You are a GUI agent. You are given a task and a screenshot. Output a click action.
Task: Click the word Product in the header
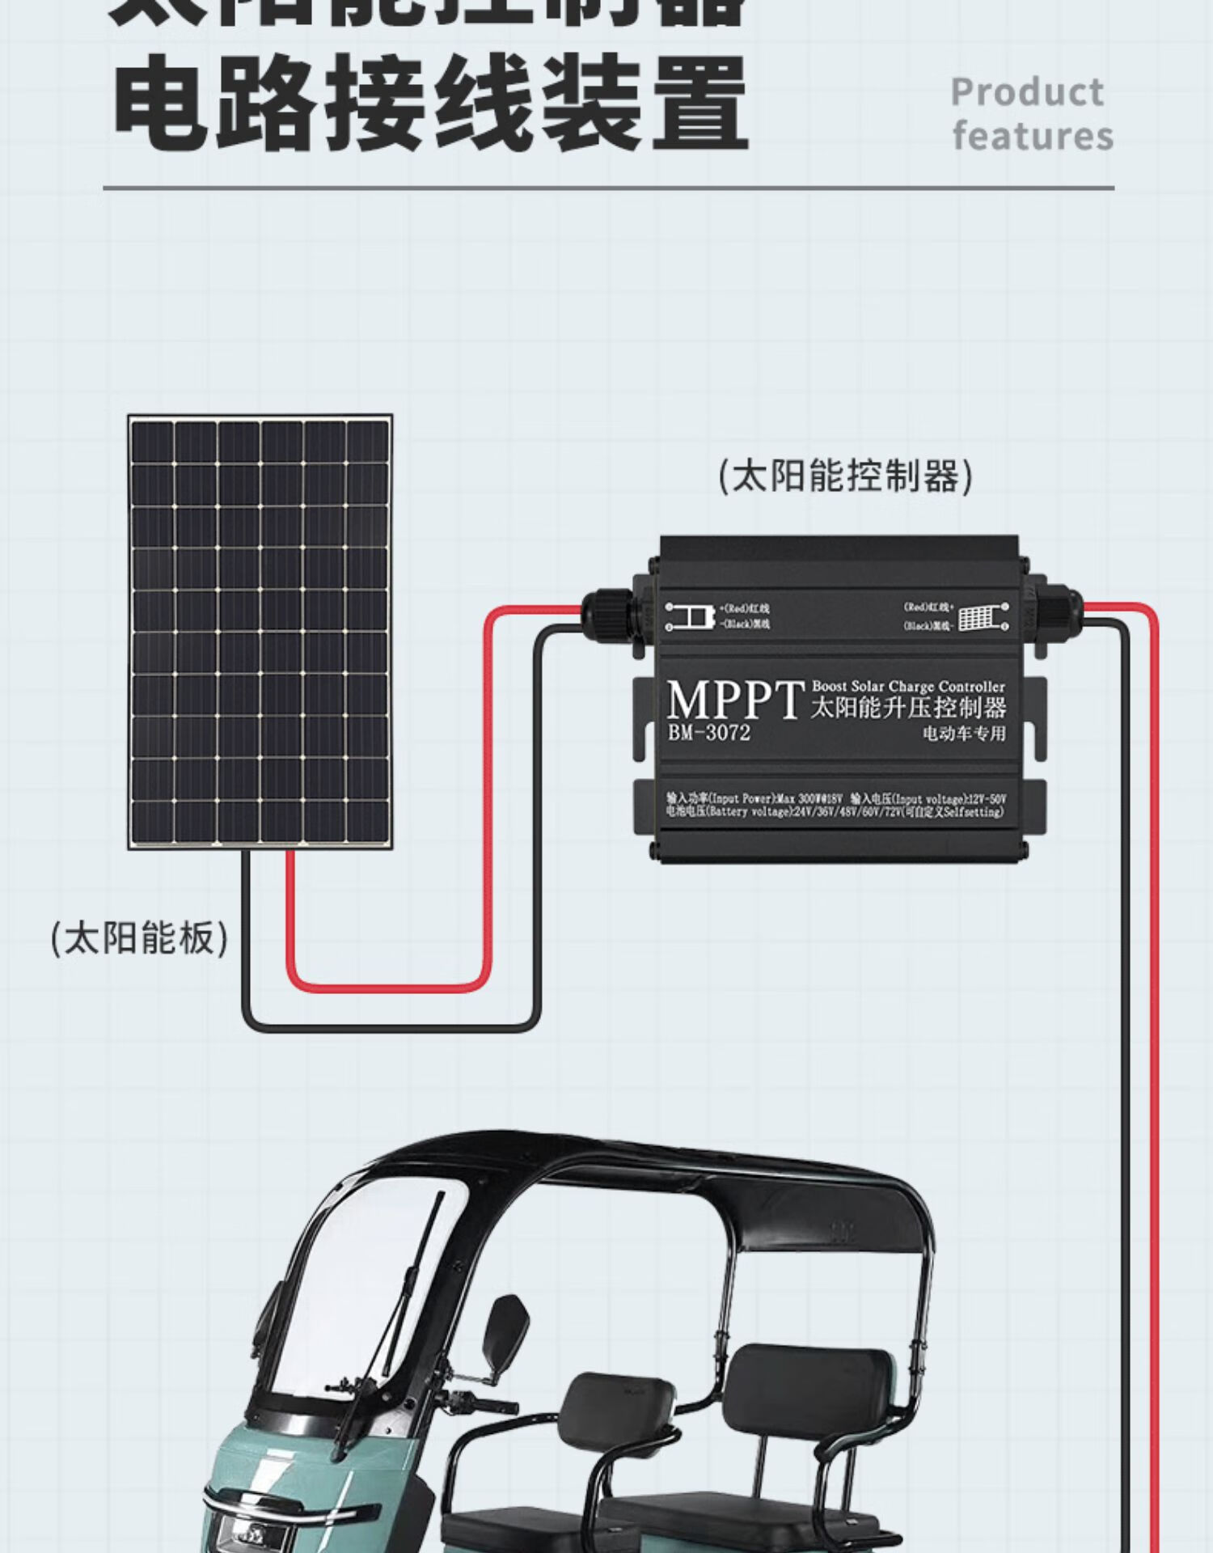(x=1026, y=92)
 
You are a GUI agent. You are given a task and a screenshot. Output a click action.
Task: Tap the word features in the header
(x=1033, y=136)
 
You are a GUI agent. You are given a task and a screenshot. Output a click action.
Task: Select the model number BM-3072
(x=709, y=733)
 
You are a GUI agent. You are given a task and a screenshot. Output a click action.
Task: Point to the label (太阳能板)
(x=139, y=938)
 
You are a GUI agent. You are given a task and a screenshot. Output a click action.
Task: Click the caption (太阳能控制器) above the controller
(x=845, y=476)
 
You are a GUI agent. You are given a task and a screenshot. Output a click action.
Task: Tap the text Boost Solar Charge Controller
(x=908, y=686)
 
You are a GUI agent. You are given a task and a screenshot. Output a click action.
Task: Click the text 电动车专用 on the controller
(x=964, y=734)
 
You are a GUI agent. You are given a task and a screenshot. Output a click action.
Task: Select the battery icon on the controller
(x=690, y=616)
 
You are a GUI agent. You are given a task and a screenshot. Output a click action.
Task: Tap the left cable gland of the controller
(x=606, y=614)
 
